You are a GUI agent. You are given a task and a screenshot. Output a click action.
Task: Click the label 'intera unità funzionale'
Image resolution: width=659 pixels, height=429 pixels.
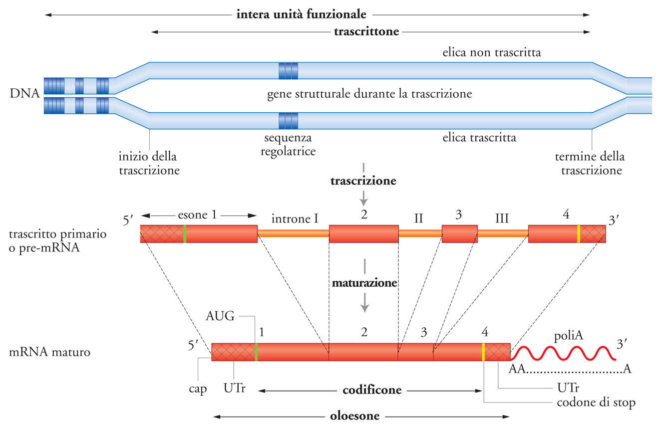302,13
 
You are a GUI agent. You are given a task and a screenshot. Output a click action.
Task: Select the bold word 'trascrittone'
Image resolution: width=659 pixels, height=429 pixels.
366,32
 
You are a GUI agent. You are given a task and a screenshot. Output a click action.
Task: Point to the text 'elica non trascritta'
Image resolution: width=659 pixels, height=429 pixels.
492,52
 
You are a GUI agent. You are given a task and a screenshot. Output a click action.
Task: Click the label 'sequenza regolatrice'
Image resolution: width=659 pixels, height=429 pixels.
289,144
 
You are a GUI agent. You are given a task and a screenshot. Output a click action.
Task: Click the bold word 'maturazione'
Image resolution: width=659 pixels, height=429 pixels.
364,283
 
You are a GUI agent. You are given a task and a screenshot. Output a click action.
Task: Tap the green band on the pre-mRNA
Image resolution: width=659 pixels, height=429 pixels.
185,234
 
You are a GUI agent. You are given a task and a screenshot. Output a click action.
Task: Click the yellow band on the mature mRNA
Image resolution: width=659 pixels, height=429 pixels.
483,352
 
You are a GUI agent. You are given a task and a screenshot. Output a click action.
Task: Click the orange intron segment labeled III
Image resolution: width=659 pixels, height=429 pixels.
503,233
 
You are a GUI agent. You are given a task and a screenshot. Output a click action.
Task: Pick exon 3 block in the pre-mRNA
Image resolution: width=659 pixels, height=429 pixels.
459,233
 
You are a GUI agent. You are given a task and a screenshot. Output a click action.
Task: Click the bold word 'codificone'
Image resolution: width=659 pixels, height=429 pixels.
372,390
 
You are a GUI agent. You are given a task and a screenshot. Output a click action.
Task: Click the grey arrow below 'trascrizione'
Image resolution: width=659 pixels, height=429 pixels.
364,200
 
